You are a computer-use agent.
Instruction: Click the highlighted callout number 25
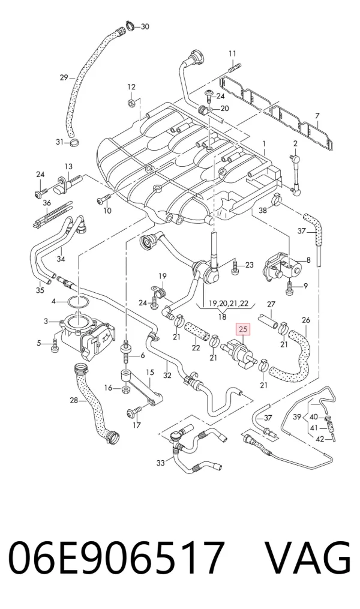243,330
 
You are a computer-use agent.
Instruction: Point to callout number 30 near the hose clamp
145,26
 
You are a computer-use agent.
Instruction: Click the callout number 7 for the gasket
317,115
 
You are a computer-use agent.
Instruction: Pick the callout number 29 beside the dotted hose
64,77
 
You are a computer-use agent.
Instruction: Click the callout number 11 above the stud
232,53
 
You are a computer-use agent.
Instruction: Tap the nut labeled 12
131,103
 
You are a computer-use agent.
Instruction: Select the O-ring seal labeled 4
77,301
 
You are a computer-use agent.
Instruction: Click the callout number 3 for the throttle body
46,321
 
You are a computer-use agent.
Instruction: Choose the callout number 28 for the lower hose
74,400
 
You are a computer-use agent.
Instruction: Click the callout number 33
161,463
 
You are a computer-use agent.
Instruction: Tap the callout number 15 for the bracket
150,372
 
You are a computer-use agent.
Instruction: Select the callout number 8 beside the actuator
308,260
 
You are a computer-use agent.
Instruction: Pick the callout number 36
47,203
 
